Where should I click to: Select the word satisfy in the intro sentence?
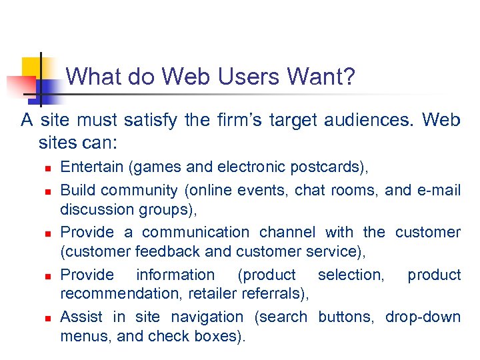tap(145, 121)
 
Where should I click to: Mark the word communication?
tap(195, 232)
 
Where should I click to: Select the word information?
tap(175, 275)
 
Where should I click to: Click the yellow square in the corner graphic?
tap(31, 67)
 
